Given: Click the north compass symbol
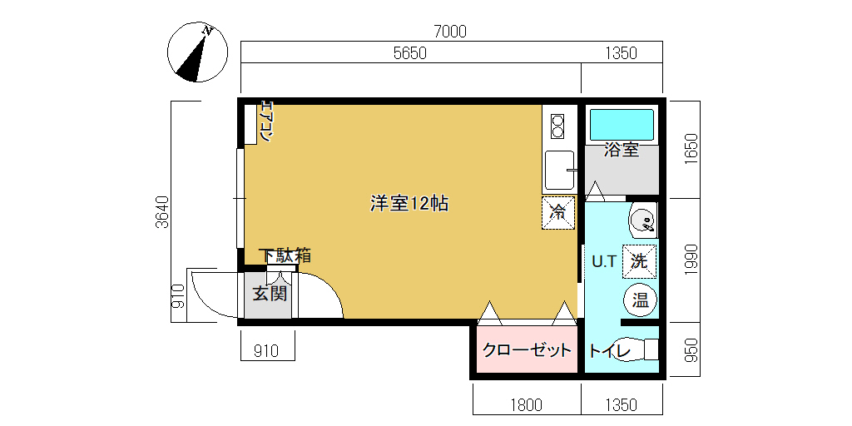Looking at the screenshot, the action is [196, 52].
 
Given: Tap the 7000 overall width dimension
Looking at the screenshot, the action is [450, 32].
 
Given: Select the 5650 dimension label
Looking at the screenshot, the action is [409, 53].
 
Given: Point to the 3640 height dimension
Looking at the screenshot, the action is [162, 211].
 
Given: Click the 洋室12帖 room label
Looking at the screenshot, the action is [409, 204].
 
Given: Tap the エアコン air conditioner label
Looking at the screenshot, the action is [265, 121].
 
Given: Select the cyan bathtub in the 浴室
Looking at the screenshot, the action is [622, 125].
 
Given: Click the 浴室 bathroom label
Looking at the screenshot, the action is [622, 150].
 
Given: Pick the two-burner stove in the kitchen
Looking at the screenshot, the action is [558, 126].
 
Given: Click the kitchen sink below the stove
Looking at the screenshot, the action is [559, 170].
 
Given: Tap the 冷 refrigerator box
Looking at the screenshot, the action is [558, 212].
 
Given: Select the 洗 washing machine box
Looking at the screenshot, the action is [639, 261].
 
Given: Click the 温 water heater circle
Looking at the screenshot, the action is [640, 300].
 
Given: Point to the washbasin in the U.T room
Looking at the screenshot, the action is [644, 220].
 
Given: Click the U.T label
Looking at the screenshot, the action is [604, 262].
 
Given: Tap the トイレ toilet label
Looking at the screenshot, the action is [610, 351].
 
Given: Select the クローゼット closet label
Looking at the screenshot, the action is [528, 350].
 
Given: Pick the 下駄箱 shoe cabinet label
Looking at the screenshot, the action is [285, 255].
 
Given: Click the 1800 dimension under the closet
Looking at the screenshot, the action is [526, 405].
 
